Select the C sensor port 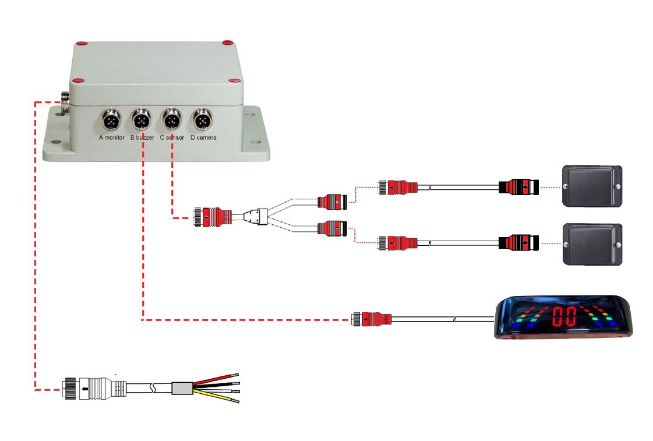click(172, 121)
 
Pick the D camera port click(203, 121)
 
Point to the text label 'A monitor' click(112, 138)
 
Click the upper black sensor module click(591, 186)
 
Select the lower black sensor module click(591, 244)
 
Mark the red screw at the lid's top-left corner click(82, 43)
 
